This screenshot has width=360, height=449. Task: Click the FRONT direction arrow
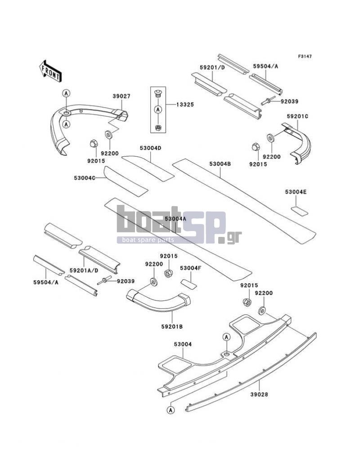[50, 71]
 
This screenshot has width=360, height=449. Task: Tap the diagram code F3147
[305, 56]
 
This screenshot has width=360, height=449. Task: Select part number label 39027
[121, 96]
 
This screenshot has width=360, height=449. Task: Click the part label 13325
[185, 104]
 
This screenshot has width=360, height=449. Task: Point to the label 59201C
[297, 117]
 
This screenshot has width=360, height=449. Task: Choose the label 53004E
[296, 192]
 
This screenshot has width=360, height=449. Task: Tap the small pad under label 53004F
[189, 284]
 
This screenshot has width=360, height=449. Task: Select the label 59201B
[171, 327]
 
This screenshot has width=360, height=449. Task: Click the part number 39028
[259, 395]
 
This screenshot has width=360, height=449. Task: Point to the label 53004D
[150, 148]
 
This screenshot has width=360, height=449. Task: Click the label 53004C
[85, 178]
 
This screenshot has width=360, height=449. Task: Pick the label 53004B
[220, 164]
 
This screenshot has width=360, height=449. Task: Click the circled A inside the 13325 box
[158, 109]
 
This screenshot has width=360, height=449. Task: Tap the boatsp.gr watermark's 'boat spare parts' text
[148, 240]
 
